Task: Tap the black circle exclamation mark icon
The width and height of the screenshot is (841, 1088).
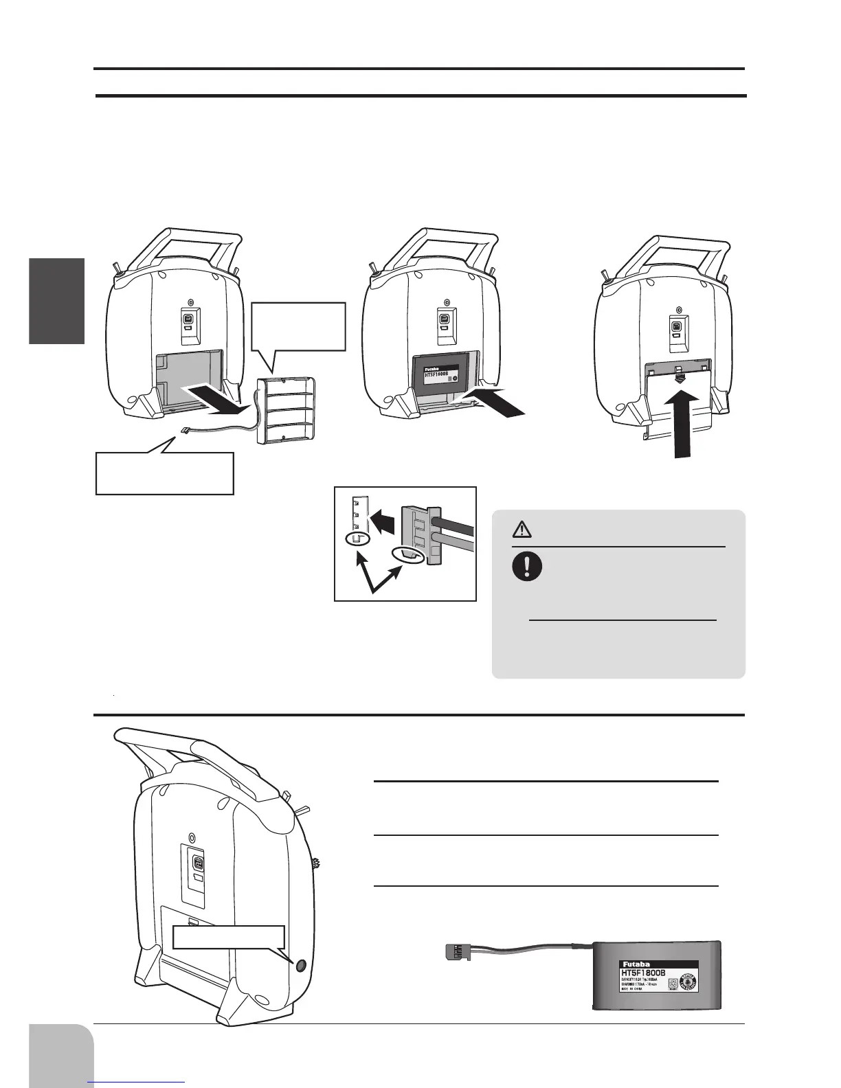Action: (x=527, y=567)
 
